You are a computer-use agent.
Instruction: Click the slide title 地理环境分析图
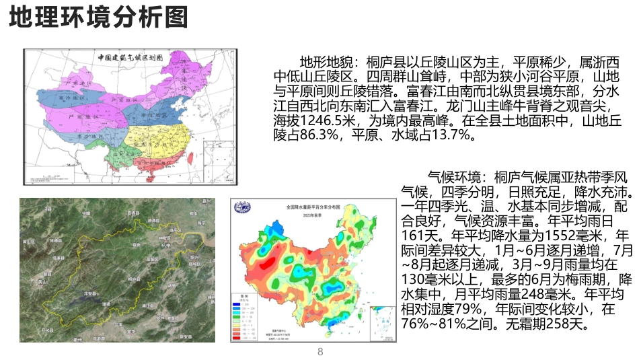pyautogui.click(x=99, y=18)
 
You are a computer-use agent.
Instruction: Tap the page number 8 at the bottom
pyautogui.click(x=320, y=352)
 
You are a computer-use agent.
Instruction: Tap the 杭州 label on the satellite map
pyautogui.click(x=165, y=245)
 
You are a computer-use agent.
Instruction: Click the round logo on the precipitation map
pyautogui.click(x=241, y=207)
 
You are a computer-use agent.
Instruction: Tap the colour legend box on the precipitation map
pyautogui.click(x=245, y=320)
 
